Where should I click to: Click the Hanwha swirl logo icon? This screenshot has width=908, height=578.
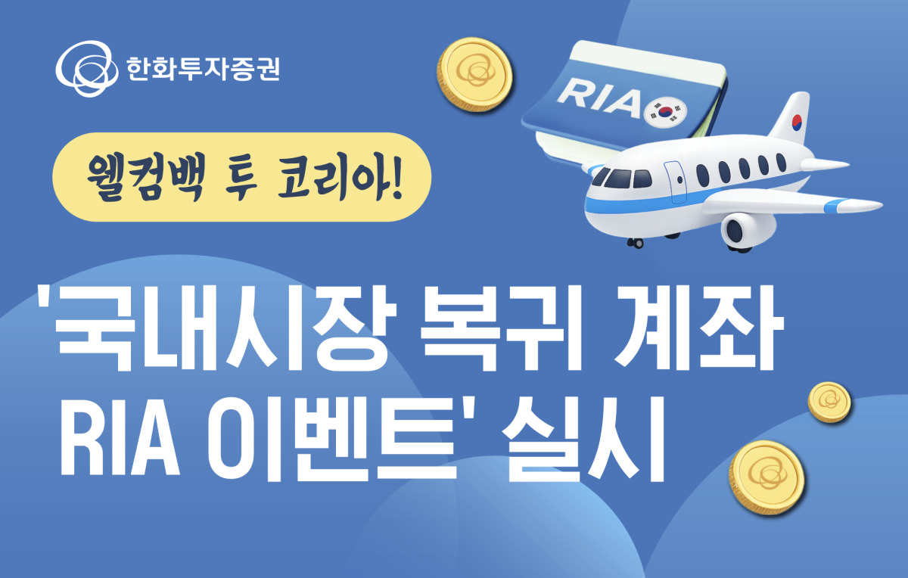point(87,69)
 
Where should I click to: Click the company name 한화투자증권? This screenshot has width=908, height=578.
point(203,69)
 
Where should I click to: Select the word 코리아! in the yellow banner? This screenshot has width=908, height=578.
point(340,178)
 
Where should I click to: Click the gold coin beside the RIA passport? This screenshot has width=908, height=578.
point(474,74)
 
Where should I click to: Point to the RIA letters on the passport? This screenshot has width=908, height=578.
point(599,98)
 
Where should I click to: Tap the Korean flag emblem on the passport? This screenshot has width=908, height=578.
point(665,111)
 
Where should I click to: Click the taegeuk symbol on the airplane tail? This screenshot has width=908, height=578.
point(797,122)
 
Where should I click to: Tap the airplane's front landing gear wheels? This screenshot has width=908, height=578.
point(635,243)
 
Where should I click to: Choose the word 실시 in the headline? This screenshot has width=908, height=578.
point(584,439)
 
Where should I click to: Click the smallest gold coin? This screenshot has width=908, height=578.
point(830,402)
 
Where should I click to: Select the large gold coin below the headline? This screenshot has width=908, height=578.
point(767,478)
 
